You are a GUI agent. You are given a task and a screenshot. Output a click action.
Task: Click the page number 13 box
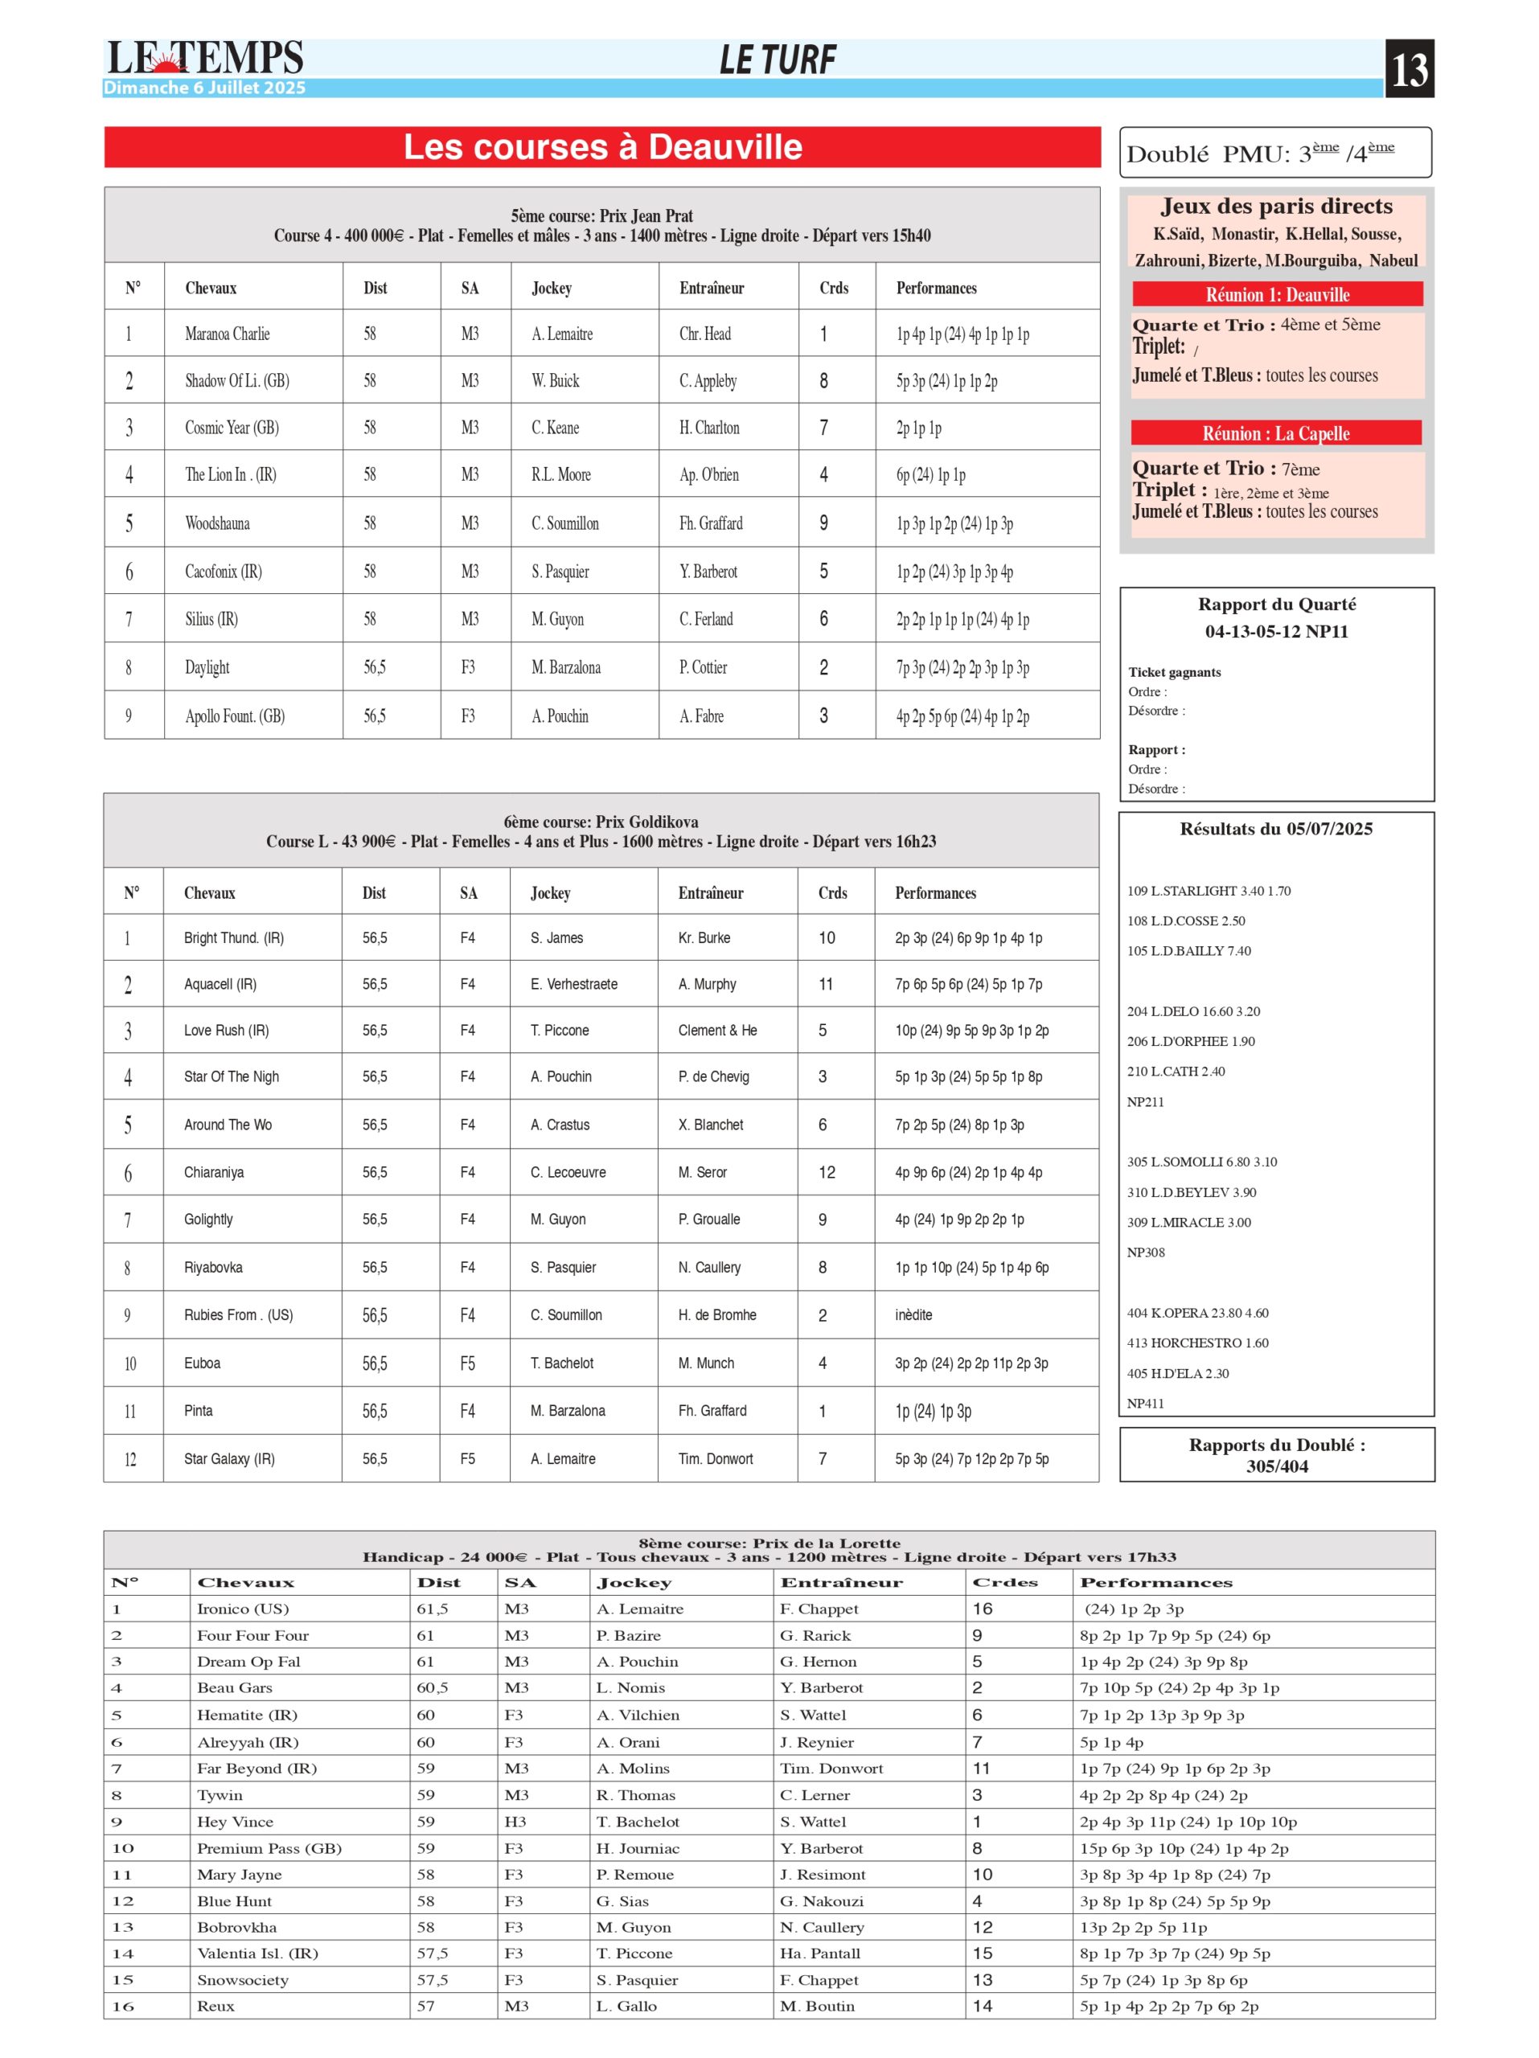(1409, 68)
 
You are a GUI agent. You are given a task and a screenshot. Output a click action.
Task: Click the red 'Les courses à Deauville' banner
(602, 147)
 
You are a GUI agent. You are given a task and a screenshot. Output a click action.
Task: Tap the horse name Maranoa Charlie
(227, 334)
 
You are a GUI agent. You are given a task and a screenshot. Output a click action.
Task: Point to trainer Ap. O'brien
(709, 474)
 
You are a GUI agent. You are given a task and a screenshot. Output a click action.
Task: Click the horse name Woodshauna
(217, 523)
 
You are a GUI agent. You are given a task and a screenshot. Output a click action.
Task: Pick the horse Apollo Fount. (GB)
(235, 715)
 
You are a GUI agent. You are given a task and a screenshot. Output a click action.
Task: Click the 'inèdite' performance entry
(913, 1314)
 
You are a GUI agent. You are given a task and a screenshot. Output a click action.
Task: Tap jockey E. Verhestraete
(574, 983)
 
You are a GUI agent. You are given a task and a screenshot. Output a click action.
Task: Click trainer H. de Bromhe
(717, 1314)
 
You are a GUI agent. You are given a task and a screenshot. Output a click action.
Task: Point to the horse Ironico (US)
(243, 1609)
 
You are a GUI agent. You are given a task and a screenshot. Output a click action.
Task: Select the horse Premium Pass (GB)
(269, 1847)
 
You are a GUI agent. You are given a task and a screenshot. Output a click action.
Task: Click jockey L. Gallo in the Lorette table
(626, 2006)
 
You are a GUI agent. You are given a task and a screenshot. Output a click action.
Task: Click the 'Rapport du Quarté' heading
(1277, 605)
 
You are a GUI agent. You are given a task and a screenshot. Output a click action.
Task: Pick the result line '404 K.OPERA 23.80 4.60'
(1197, 1313)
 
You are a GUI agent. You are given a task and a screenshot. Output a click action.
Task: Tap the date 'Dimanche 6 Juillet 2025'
(205, 88)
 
